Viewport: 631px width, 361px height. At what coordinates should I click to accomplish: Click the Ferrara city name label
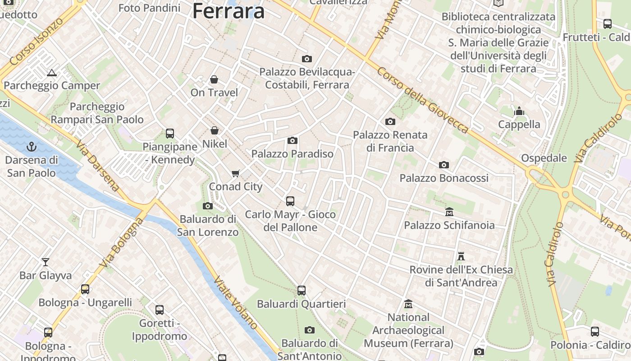(x=229, y=11)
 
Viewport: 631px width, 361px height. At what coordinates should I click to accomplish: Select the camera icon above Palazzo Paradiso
(x=293, y=140)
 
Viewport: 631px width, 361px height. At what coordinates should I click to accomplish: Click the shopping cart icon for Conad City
(x=235, y=174)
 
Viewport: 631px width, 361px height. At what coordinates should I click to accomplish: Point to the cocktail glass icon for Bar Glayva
(x=46, y=262)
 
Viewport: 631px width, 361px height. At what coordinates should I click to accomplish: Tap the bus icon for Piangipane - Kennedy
(x=170, y=133)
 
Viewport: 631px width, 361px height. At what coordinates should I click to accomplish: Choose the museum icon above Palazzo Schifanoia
(x=449, y=212)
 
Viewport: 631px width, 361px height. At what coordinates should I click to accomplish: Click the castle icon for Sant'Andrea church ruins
(x=461, y=256)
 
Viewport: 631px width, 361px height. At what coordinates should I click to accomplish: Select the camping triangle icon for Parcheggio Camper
(x=52, y=73)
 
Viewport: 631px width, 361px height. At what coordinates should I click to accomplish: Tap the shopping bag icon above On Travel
(x=214, y=79)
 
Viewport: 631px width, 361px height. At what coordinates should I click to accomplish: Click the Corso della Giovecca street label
(x=423, y=100)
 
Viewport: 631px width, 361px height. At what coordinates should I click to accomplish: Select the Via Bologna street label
(x=122, y=243)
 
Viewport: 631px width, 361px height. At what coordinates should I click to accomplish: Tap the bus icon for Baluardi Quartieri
(x=302, y=291)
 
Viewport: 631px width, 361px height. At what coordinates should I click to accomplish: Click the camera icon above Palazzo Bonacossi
(x=444, y=165)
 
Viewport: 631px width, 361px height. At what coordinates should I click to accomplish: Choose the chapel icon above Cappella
(x=519, y=111)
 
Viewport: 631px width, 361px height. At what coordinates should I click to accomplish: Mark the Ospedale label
(x=544, y=158)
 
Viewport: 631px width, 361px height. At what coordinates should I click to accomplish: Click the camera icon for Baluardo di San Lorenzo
(x=208, y=206)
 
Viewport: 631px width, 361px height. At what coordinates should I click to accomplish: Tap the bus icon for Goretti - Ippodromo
(x=160, y=310)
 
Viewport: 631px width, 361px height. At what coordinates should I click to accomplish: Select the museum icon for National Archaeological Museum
(x=408, y=304)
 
